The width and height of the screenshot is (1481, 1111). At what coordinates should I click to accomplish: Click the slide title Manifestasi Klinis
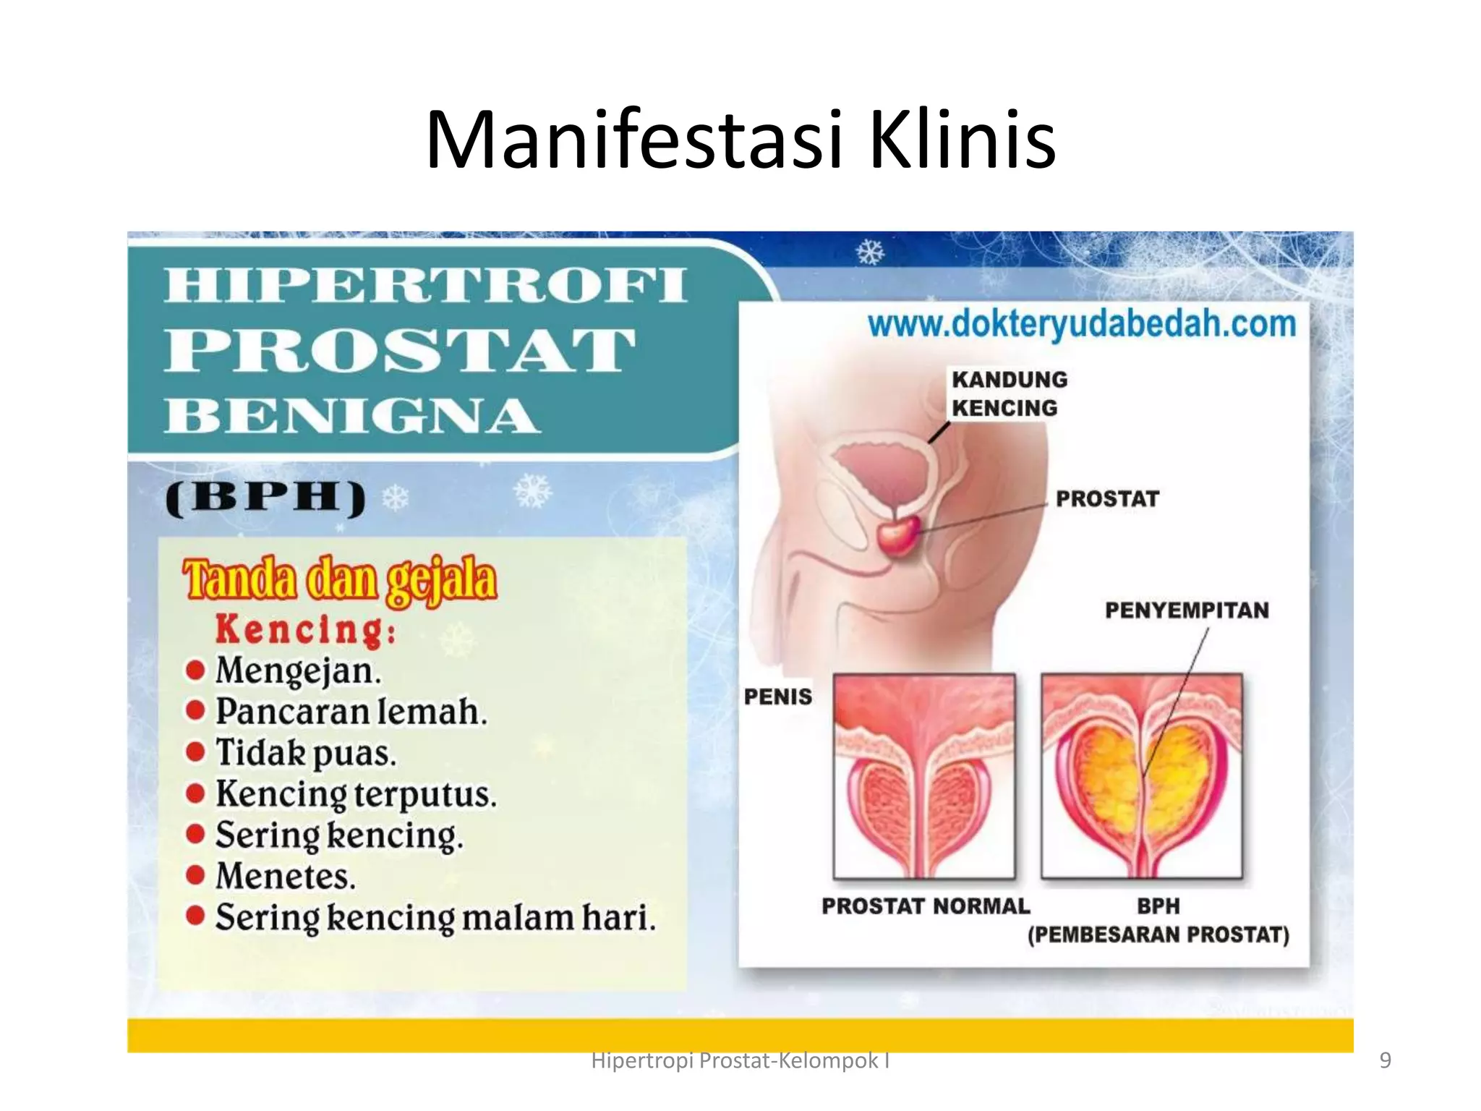point(740,140)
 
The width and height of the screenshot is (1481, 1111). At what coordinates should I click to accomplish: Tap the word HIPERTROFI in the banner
point(425,285)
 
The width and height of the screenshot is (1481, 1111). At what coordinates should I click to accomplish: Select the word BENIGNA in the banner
point(352,416)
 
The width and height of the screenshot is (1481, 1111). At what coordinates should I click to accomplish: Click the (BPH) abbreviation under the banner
point(265,498)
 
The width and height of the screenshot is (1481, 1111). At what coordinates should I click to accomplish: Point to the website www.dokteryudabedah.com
point(1082,325)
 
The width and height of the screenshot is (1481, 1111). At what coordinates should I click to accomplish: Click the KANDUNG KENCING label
point(1009,394)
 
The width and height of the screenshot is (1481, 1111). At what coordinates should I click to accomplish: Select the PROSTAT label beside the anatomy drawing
point(1106,499)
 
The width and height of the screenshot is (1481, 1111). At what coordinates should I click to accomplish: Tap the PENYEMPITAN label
point(1187,610)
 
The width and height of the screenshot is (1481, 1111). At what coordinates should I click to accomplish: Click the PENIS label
point(778,697)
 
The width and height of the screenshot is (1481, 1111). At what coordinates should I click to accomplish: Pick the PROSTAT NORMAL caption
point(925,906)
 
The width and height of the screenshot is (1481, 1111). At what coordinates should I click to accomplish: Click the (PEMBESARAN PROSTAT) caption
point(1158,935)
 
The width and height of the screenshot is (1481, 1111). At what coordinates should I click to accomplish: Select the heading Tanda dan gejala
point(340,580)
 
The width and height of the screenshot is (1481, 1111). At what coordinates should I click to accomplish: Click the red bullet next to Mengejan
point(195,670)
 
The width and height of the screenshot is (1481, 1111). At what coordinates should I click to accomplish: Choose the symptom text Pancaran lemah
point(351,712)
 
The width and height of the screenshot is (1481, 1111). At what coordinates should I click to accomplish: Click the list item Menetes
point(286,877)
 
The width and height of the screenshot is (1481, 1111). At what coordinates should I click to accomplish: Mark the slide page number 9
point(1385,1060)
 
